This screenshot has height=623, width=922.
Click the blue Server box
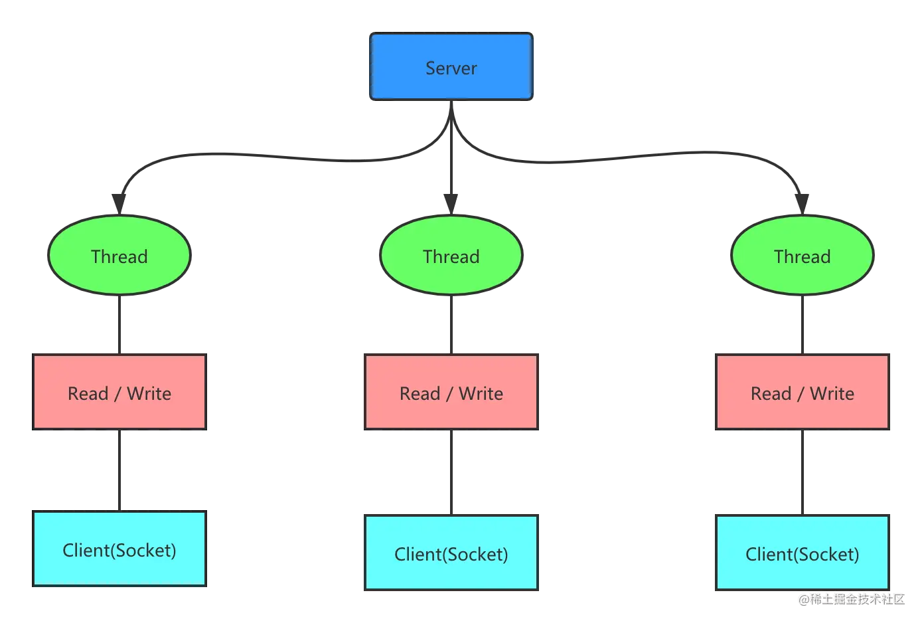tap(451, 66)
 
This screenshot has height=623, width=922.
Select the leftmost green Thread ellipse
tap(119, 255)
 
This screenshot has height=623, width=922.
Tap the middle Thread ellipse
tap(451, 255)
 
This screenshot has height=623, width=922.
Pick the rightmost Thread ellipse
tap(803, 255)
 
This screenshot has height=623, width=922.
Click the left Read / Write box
tap(119, 392)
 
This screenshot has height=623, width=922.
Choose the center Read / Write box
tap(451, 392)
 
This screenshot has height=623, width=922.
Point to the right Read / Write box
tap(803, 392)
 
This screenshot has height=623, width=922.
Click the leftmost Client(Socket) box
tap(119, 549)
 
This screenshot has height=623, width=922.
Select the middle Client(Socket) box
tap(451, 553)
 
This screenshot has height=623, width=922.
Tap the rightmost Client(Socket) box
tap(803, 553)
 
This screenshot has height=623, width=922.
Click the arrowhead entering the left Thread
tap(119, 205)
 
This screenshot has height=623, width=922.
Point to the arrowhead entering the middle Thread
tap(451, 205)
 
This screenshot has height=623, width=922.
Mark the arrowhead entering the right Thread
tap(802, 205)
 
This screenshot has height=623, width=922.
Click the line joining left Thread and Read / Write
tap(119, 325)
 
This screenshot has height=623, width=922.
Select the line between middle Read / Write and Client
tap(451, 472)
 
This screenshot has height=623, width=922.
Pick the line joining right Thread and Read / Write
tap(803, 325)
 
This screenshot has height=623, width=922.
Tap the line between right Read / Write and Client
tap(803, 472)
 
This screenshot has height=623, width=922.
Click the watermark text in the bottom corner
tap(852, 599)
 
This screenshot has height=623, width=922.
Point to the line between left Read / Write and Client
tap(119, 470)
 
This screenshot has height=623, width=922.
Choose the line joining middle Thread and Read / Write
tap(451, 325)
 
